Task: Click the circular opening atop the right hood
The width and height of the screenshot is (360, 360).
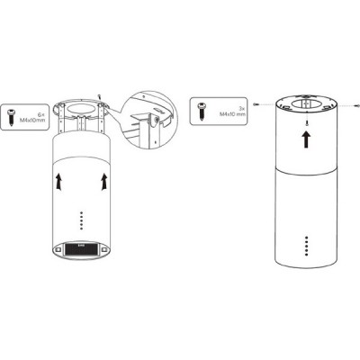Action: (x=307, y=99)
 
